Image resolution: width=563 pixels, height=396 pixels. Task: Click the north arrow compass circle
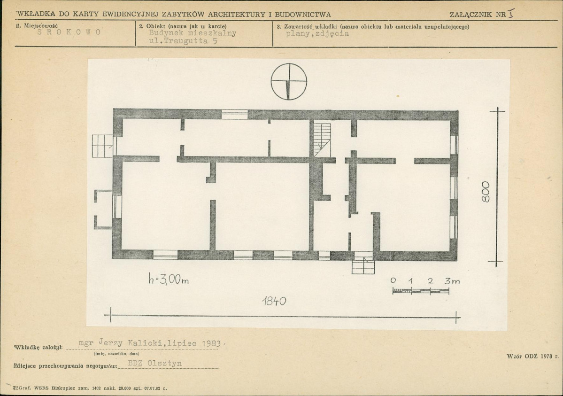click(x=289, y=65)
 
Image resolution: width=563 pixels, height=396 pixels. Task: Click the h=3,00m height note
click(x=169, y=279)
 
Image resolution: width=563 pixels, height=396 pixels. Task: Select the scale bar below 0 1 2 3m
click(x=421, y=291)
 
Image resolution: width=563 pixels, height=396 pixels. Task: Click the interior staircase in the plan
click(x=322, y=140)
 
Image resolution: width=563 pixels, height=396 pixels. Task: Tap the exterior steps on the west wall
click(x=103, y=146)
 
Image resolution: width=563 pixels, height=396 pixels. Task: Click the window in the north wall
click(x=234, y=114)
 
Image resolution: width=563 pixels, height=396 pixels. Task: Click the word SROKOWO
click(x=69, y=32)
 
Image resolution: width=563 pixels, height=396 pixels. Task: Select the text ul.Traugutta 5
click(x=183, y=41)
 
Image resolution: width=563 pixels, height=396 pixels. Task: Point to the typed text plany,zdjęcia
click(x=317, y=34)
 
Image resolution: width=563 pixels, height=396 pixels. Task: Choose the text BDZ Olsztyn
click(x=155, y=363)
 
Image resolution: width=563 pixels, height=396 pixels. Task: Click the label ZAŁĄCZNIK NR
click(x=478, y=15)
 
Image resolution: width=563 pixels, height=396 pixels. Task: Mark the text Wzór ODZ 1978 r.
click(x=533, y=357)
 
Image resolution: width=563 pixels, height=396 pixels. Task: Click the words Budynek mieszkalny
click(x=193, y=33)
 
